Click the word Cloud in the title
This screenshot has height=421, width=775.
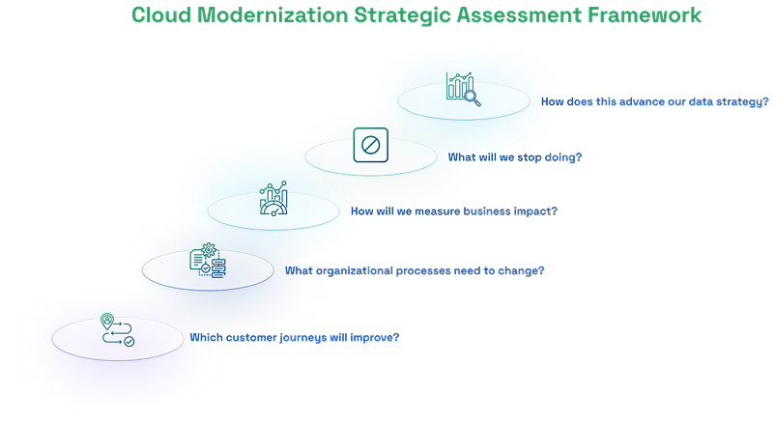point(159,16)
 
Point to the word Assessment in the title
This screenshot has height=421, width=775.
point(522,16)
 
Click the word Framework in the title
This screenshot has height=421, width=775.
point(649,16)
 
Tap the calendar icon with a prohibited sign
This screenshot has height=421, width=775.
point(368,144)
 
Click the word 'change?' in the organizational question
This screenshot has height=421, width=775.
point(522,270)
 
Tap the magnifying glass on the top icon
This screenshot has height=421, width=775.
point(473,95)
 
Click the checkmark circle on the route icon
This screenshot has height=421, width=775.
point(128,340)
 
